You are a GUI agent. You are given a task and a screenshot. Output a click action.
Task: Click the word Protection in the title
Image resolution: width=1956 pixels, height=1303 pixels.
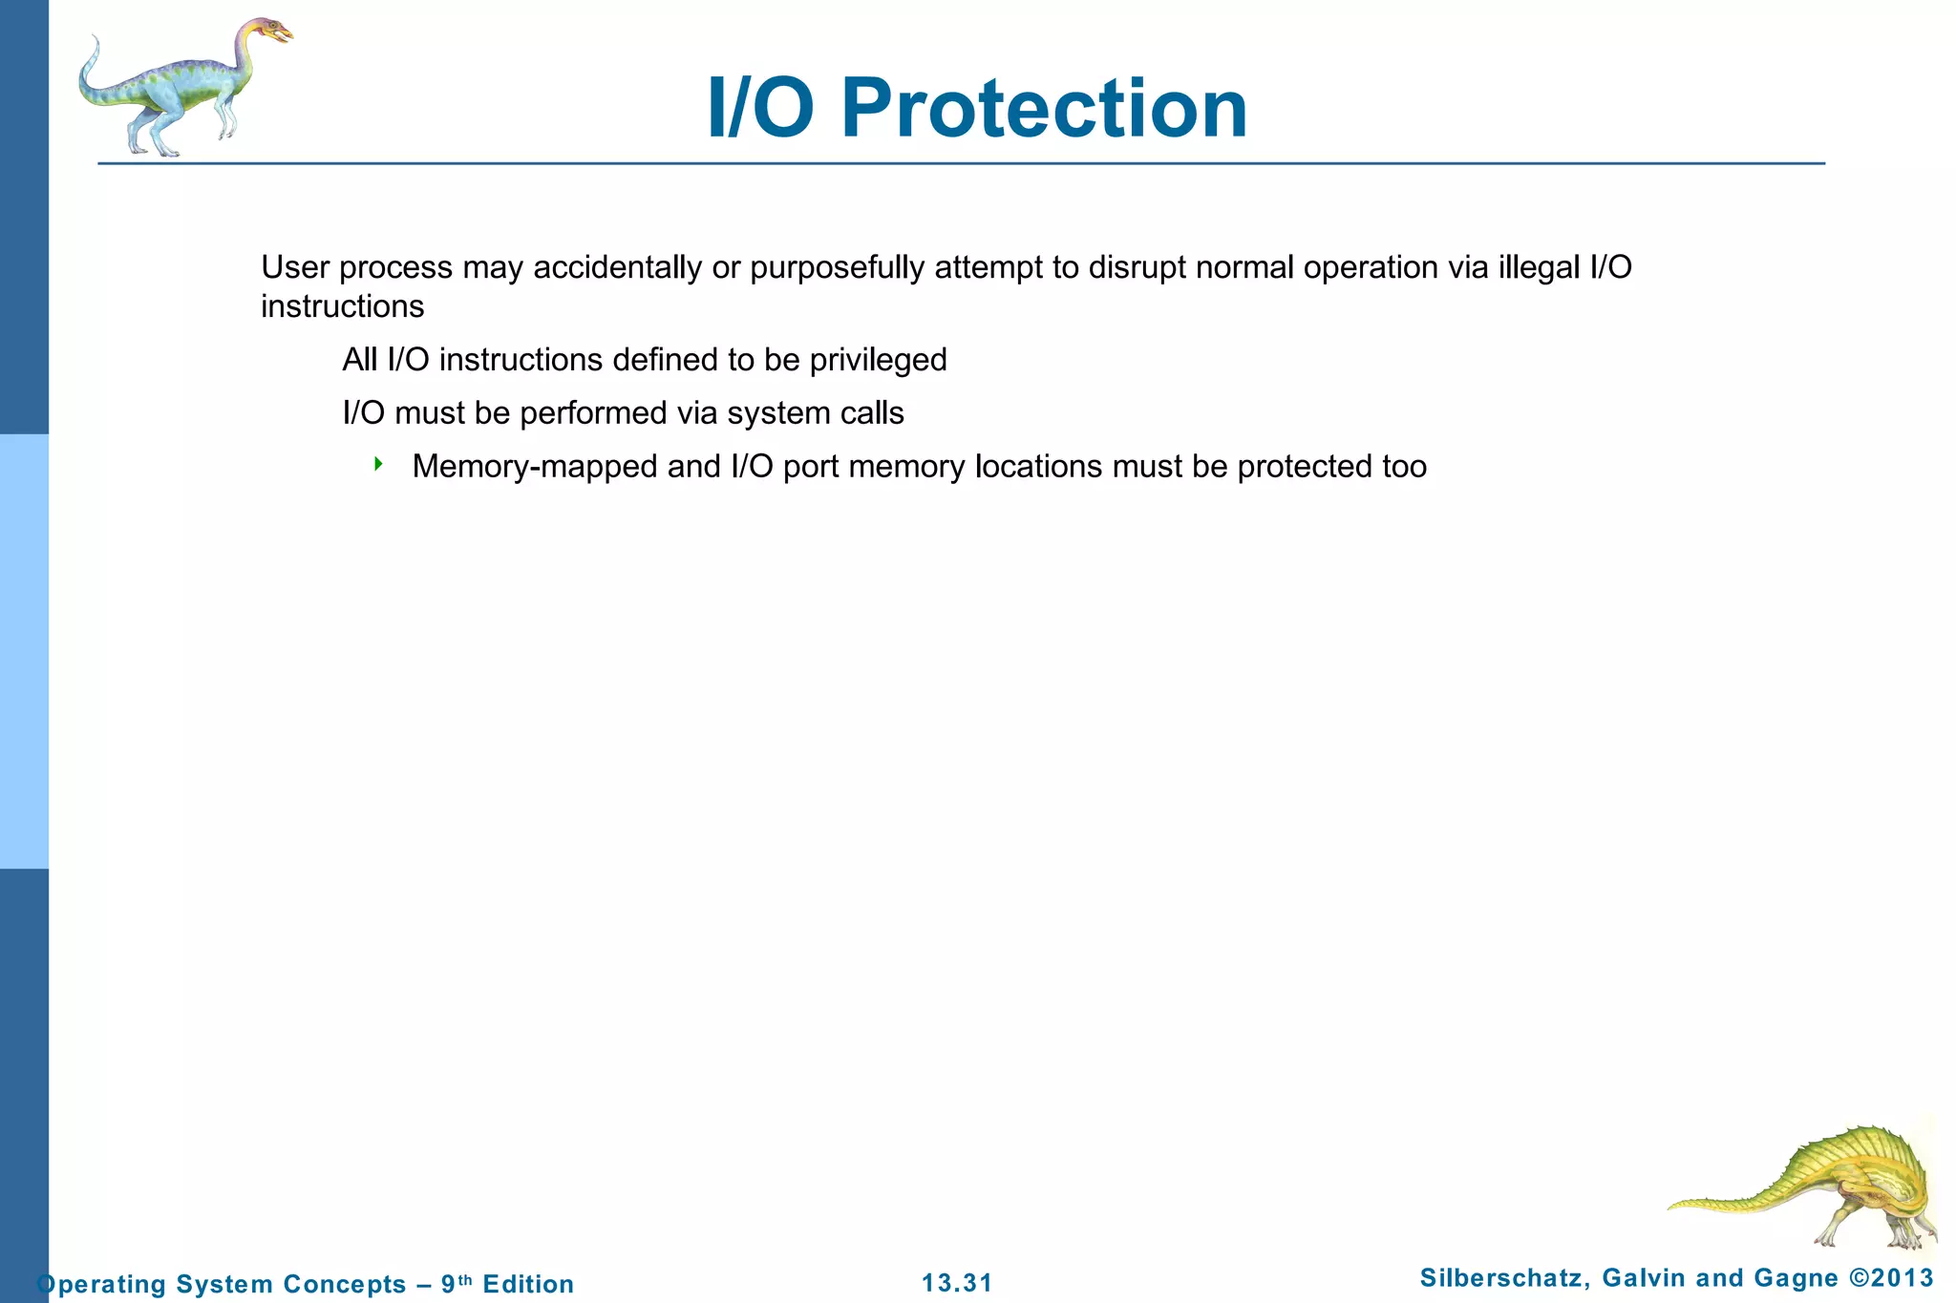(x=1044, y=108)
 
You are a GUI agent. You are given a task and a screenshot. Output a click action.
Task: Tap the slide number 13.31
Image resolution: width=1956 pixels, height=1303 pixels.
(x=957, y=1283)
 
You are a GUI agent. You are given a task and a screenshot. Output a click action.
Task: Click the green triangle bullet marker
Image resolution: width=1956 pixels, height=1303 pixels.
(x=378, y=465)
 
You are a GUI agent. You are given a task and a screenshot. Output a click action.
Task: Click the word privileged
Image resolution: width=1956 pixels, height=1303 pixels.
(x=878, y=360)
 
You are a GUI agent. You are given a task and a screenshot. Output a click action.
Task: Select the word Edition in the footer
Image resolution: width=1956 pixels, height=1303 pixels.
(x=528, y=1284)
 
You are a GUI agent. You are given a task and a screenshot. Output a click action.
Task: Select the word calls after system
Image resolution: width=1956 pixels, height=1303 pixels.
(x=872, y=413)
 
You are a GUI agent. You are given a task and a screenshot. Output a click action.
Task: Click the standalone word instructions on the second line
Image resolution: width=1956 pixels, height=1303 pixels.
(x=342, y=306)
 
